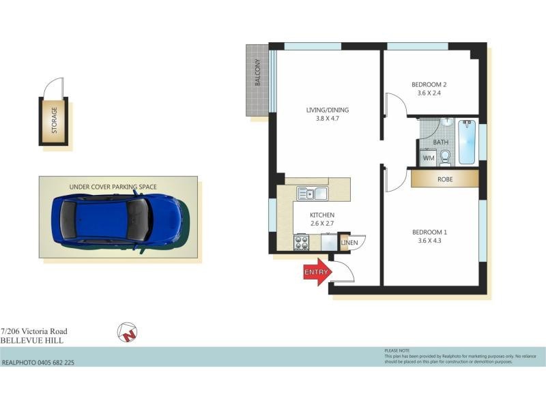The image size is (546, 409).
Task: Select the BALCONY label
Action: tap(258, 72)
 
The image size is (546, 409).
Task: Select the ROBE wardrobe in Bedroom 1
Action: tap(444, 179)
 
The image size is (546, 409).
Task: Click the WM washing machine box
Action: tap(428, 158)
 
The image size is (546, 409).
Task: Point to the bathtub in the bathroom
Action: tap(467, 142)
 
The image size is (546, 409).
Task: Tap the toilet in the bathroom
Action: tap(445, 157)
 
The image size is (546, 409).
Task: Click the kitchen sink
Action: tap(312, 194)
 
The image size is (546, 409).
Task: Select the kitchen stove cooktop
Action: tap(302, 242)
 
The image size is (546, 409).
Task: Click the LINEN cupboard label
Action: tap(349, 242)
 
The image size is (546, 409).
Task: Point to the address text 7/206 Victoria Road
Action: tap(34, 331)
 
